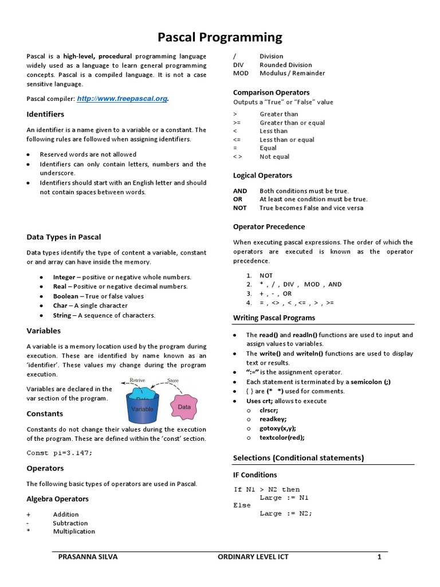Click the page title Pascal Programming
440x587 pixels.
pos(220,38)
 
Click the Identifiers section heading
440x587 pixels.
pos(45,115)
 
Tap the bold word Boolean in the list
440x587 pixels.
pos(66,296)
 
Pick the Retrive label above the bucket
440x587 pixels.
pos(138,379)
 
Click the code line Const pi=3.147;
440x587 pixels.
pos(59,453)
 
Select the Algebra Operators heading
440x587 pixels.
pos(57,499)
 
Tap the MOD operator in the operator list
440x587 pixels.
pos(241,73)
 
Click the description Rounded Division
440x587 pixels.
pos(286,65)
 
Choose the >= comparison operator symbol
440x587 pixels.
pos(237,123)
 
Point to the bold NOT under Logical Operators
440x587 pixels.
pos(240,208)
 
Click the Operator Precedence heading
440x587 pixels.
pos(269,226)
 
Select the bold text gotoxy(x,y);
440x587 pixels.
pos(278,428)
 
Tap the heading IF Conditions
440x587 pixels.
pos(254,475)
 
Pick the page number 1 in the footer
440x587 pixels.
pos(379,557)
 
